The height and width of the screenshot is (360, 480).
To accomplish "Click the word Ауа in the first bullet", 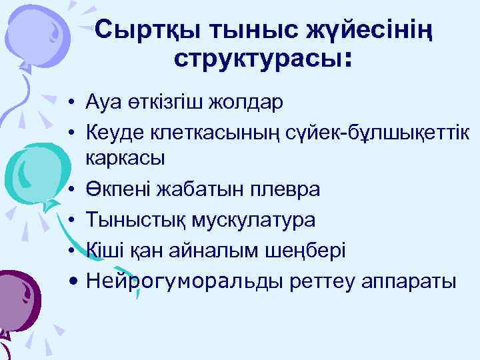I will [x=103, y=103].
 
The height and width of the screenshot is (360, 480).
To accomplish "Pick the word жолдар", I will [x=249, y=103].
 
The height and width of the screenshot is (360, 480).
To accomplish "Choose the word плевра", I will [x=287, y=190].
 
